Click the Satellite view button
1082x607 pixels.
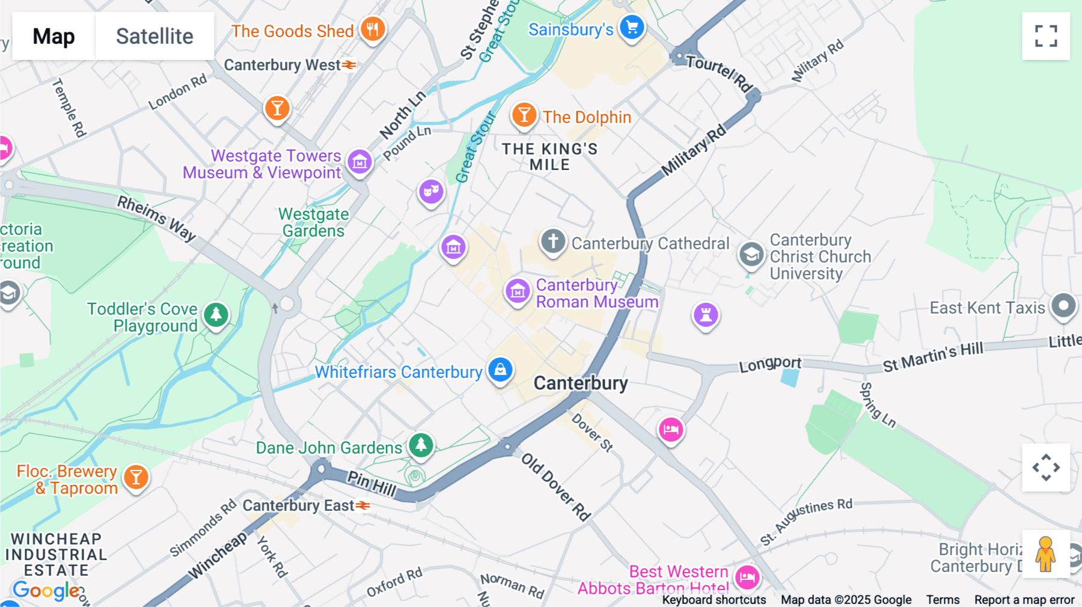154,36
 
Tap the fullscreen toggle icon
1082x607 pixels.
1046,36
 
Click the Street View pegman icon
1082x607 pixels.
1046,554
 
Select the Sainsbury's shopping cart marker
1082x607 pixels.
632,27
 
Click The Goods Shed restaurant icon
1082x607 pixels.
373,28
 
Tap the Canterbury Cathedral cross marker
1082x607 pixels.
553,241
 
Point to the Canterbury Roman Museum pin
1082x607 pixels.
518,291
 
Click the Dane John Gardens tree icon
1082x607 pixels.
421,445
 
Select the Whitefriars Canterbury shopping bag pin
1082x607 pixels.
500,370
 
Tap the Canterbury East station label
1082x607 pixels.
299,505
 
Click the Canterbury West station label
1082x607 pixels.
283,65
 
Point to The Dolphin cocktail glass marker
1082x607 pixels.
524,114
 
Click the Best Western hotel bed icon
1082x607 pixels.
747,578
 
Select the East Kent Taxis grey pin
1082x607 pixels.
1063,306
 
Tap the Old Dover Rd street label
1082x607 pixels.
555,486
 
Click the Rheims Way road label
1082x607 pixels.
156,218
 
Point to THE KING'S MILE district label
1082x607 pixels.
549,157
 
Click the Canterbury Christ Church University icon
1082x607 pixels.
751,254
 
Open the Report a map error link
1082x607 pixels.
1024,600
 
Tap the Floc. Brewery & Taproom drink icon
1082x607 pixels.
136,477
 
